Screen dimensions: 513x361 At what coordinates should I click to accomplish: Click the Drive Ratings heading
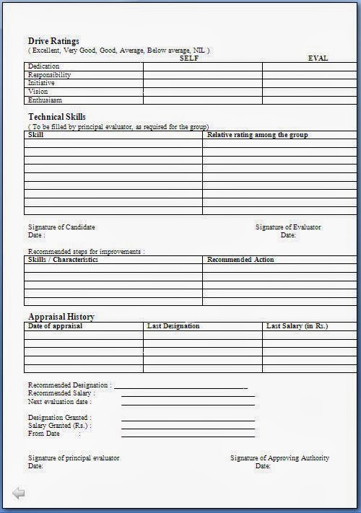[x=53, y=41]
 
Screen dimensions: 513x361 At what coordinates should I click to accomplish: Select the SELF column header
[x=189, y=58]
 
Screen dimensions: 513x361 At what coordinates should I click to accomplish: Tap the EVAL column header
[x=318, y=58]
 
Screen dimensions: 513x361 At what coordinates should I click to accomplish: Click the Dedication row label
[x=43, y=66]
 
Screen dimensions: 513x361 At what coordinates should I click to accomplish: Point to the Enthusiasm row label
[x=45, y=100]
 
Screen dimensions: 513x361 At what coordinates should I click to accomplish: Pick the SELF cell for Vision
[x=202, y=92]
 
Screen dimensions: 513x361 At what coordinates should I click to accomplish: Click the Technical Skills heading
[x=56, y=117]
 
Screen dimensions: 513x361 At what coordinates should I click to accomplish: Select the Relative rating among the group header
[x=257, y=135]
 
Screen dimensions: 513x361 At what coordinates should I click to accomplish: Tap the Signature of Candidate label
[x=61, y=227]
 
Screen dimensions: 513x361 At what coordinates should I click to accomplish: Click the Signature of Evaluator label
[x=288, y=227]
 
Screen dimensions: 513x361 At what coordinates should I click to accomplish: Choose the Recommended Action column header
[x=240, y=259]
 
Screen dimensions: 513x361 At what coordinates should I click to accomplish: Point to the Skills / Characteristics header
[x=63, y=259]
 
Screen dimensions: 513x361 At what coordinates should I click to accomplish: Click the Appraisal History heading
[x=61, y=317]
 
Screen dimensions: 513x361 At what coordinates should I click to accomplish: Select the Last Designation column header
[x=173, y=326]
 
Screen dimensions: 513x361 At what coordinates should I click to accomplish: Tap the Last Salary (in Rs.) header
[x=297, y=326]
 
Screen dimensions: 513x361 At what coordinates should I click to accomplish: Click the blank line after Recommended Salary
[x=188, y=395]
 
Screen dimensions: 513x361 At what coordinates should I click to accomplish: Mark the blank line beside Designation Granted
[x=188, y=419]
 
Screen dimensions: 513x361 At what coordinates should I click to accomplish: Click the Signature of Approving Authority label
[x=279, y=458]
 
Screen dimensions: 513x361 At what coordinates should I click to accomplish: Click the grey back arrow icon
[x=19, y=494]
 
